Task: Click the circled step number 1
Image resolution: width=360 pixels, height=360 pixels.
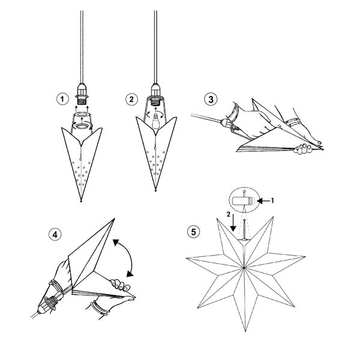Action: pos(62,99)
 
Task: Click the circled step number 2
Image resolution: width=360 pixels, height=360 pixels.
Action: pos(131,100)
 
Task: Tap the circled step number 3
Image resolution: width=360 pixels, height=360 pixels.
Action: pos(211,100)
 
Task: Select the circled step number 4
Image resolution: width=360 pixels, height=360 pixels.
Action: pos(55,235)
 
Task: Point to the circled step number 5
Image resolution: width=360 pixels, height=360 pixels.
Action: pos(194,232)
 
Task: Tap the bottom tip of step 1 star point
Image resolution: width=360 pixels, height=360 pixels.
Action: pos(81,202)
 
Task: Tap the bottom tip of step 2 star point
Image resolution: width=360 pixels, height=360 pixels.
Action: pos(155,191)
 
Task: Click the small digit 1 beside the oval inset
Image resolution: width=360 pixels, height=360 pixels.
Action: pos(272,201)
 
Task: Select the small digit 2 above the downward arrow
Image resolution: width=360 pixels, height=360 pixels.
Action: pos(229,214)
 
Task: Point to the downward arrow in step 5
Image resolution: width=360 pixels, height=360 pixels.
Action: pos(233,223)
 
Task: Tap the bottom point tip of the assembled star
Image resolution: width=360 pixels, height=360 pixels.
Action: pos(245,331)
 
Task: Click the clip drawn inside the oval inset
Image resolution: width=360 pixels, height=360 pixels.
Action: pos(242,201)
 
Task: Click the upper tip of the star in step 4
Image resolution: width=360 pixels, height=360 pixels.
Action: pos(114,219)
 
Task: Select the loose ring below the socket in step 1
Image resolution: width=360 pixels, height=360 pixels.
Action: pos(83,126)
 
